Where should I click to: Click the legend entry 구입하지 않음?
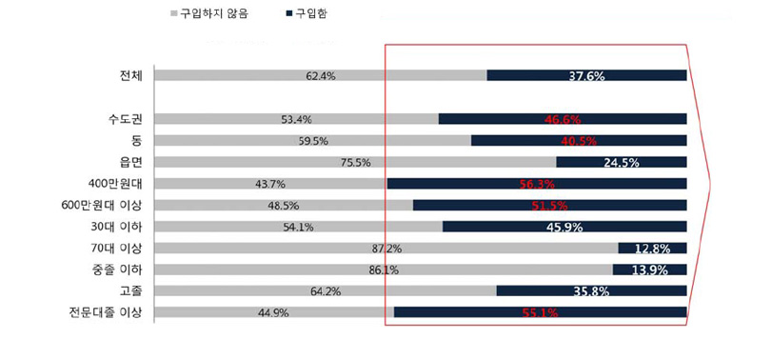click(x=213, y=15)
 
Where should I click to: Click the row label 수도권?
click(x=124, y=119)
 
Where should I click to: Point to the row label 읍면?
click(x=129, y=162)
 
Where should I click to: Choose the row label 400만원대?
click(x=114, y=183)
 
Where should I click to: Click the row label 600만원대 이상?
click(x=101, y=205)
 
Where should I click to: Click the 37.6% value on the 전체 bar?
click(x=586, y=75)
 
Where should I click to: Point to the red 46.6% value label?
click(x=563, y=120)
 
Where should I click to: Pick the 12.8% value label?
click(x=653, y=249)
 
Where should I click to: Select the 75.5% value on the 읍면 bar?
click(x=355, y=162)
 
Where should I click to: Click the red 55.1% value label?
click(x=540, y=312)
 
